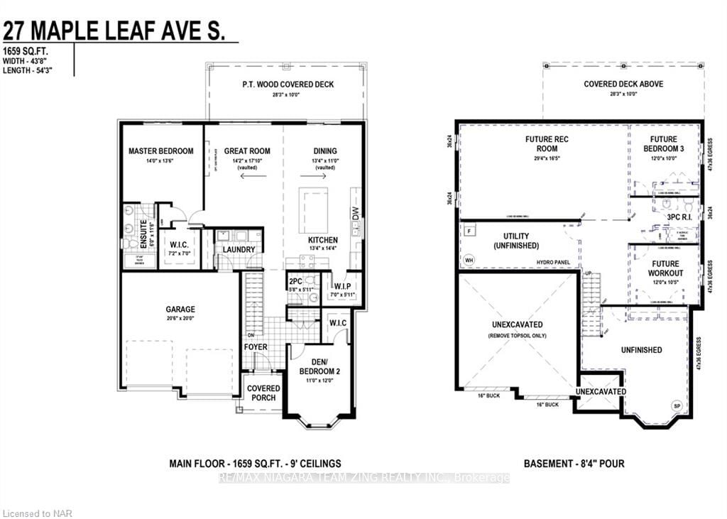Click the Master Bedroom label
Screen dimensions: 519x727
pos(160,151)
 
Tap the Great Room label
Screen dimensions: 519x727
pos(247,151)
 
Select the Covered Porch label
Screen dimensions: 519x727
pos(263,393)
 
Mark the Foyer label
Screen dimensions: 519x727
pos(256,347)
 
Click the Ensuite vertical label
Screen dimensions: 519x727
pos(143,232)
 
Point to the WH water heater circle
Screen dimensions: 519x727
pos(469,260)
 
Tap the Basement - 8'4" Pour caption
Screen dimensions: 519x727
pos(574,464)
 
